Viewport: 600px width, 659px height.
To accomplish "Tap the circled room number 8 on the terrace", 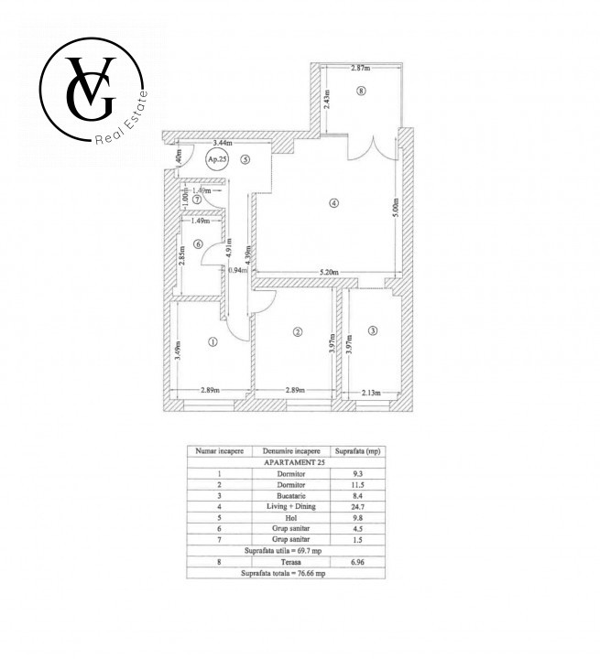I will (362, 91).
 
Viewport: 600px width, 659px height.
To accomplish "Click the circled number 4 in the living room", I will (334, 202).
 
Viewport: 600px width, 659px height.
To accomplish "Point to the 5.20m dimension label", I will (329, 271).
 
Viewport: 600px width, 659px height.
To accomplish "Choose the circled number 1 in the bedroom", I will (213, 343).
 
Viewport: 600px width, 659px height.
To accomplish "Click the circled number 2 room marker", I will (297, 332).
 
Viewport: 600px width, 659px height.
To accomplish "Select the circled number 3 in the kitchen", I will (372, 329).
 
